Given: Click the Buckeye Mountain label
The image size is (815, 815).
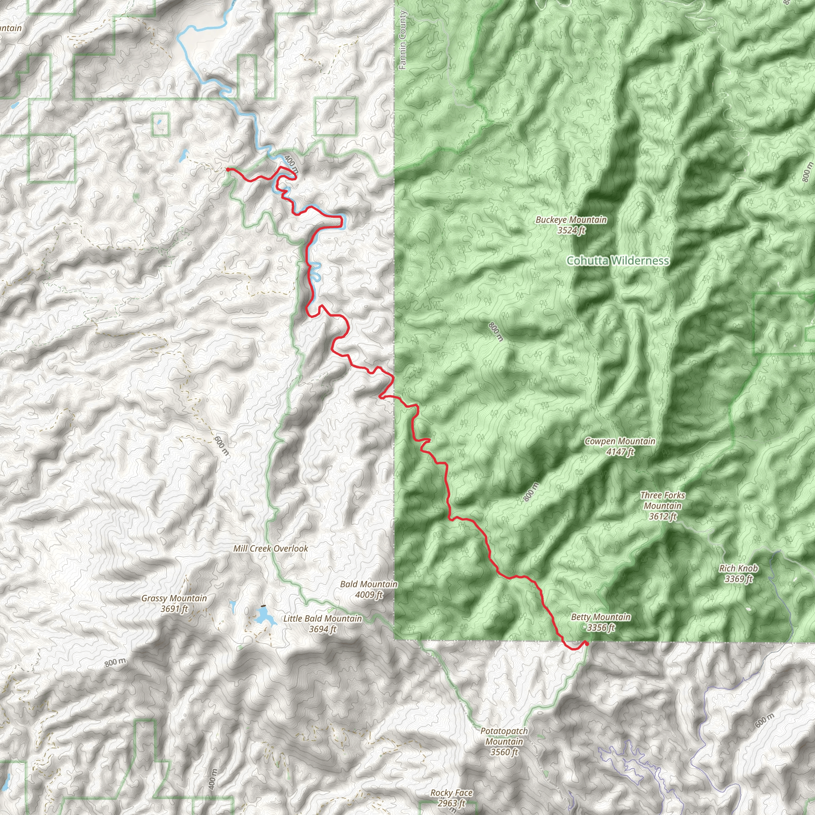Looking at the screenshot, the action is coord(571,220).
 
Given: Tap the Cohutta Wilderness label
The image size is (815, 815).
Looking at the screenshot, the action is coord(618,261).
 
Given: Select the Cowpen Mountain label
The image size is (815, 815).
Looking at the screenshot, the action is coord(620,441).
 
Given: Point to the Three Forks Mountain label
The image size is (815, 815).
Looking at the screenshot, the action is coord(662,505).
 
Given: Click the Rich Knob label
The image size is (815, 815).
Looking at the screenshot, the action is coord(739,569).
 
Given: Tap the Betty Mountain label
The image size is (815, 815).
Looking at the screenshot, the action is coord(601,617).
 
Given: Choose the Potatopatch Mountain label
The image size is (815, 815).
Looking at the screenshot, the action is coord(504,741).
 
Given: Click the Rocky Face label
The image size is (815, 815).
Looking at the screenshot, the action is coord(451,793).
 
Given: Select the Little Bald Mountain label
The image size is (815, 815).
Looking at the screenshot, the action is coord(323,618).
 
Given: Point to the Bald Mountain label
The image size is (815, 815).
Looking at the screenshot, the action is coord(369,584).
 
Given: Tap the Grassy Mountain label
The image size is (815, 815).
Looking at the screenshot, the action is coord(174,598).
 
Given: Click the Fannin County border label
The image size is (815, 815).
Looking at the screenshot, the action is coord(402,41).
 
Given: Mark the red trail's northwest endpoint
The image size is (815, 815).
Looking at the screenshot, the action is coord(228,169).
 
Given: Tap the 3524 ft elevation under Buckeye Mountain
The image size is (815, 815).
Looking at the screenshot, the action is coord(571,230).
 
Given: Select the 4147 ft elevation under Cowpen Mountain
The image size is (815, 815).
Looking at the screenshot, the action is coord(620,452).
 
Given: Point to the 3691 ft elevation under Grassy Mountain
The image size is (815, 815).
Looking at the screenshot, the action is coord(174,609).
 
